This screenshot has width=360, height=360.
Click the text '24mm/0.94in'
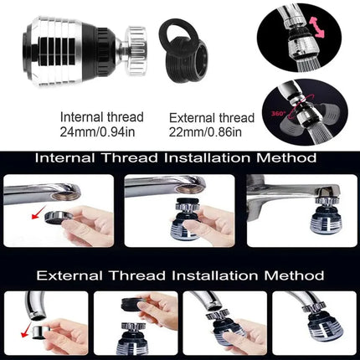(x=97, y=132)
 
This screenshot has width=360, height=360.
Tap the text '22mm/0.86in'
(x=205, y=132)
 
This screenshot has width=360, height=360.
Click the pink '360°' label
(x=278, y=114)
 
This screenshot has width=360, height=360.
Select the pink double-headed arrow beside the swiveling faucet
(x=317, y=27)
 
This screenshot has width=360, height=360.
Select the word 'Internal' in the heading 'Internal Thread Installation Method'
(x=64, y=158)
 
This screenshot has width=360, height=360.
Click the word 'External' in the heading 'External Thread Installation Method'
(x=69, y=275)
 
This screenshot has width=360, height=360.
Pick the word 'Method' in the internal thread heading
(x=286, y=158)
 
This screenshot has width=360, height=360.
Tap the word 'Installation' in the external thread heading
(x=214, y=275)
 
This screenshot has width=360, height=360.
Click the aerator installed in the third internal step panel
(x=326, y=215)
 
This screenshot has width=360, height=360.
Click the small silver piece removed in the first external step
(x=39, y=332)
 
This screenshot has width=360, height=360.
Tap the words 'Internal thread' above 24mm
(x=102, y=117)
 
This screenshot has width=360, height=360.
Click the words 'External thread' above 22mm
(x=212, y=118)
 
